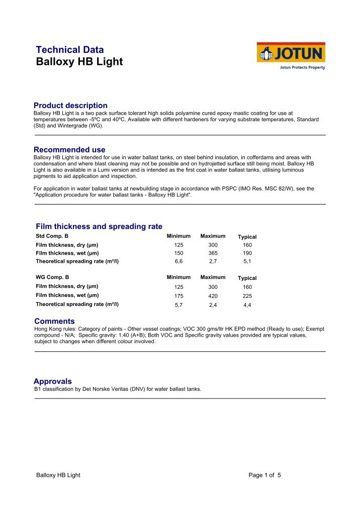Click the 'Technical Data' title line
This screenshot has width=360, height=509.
[x=70, y=50]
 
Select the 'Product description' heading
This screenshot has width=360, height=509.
[x=70, y=106]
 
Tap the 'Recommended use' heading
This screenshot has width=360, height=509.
[x=69, y=150]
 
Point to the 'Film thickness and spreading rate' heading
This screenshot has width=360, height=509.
[x=99, y=227]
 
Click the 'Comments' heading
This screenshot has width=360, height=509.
[x=54, y=321]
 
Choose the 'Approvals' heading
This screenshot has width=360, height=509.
[x=53, y=381]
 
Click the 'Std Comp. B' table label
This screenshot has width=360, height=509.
[x=52, y=236]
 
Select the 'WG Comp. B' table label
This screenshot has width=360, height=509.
[x=52, y=277]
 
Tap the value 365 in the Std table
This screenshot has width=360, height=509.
[x=213, y=253]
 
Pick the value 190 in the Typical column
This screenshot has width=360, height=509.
[x=247, y=253]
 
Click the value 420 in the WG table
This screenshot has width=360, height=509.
[x=213, y=296]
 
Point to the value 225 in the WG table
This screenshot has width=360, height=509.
[x=247, y=296]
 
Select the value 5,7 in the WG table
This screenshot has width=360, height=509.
[x=178, y=304]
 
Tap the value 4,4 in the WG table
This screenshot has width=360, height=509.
[x=247, y=304]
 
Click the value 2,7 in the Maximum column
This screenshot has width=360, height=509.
[x=213, y=261]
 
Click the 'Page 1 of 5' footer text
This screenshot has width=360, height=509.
[x=264, y=475]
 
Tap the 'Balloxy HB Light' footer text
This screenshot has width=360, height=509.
[x=58, y=475]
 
